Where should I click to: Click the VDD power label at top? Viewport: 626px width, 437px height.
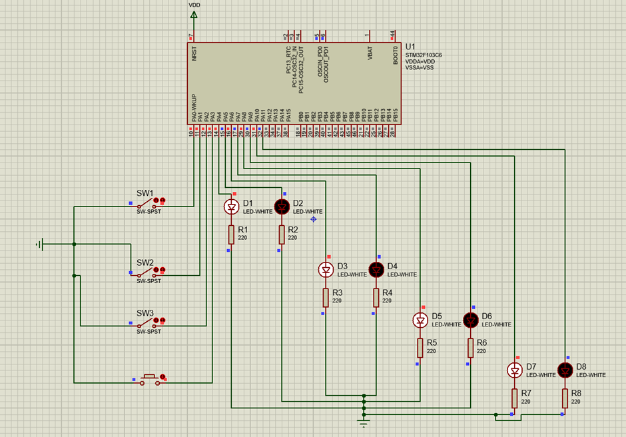[x=194, y=5]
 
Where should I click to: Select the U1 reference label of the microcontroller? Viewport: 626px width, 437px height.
[x=411, y=47]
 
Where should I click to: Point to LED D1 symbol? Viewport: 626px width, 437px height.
[x=231, y=207]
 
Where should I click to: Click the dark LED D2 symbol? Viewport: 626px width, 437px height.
[x=282, y=207]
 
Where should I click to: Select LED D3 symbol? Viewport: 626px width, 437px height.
[x=326, y=269]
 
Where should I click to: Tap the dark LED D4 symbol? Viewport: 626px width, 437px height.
[x=376, y=269]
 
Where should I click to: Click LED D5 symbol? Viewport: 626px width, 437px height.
[x=420, y=320]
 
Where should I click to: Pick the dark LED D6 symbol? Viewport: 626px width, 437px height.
[x=471, y=320]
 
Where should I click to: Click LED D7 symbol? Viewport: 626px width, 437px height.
[x=515, y=370]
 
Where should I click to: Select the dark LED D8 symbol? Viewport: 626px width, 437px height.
[x=565, y=370]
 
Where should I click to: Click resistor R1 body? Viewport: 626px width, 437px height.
[x=231, y=234]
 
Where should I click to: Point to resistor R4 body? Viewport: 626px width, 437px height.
[x=376, y=297]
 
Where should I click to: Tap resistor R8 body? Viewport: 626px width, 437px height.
[x=565, y=398]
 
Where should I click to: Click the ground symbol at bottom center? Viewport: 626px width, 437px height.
[x=364, y=422]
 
